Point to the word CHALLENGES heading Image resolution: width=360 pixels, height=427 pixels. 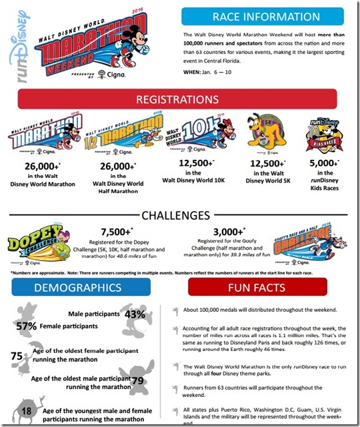coord(180,214)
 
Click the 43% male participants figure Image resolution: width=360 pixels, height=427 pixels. coord(135,313)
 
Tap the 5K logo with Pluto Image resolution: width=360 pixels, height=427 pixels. coord(260,135)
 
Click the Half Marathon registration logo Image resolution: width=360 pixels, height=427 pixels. coord(121,135)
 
